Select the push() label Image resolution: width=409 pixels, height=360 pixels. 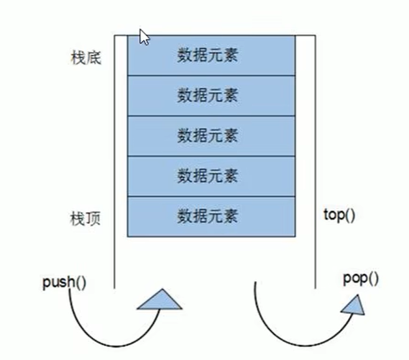(x=64, y=282)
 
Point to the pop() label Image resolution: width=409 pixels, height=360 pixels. (x=361, y=279)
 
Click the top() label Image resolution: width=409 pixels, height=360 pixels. (x=339, y=215)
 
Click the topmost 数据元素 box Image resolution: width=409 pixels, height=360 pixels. (x=210, y=55)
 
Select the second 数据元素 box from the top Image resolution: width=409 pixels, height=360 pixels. (x=210, y=95)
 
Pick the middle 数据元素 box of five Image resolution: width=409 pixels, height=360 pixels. (x=210, y=136)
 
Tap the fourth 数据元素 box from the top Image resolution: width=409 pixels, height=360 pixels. (x=210, y=176)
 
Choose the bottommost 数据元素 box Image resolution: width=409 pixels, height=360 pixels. (x=210, y=216)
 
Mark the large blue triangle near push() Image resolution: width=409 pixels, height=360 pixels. (x=159, y=300)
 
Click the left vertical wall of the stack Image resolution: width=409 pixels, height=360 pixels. (x=115, y=162)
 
